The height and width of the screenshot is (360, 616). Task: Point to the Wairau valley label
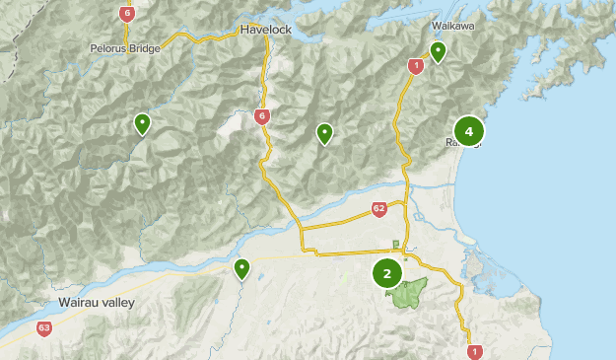[96, 302]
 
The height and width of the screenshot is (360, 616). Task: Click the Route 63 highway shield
[44, 329]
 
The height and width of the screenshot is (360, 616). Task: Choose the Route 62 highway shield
[379, 209]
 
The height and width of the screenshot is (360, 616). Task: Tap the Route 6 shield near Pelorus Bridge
[126, 14]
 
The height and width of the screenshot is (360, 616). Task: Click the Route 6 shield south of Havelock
[261, 117]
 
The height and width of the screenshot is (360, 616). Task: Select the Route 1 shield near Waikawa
[416, 66]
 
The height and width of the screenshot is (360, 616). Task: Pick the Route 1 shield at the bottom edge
[476, 351]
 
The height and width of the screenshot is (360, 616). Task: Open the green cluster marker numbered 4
[469, 130]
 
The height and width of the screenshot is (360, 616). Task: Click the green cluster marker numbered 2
[387, 273]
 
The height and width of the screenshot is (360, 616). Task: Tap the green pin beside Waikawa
[438, 50]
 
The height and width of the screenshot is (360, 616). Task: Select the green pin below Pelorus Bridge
[142, 123]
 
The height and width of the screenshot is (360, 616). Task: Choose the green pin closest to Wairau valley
[241, 267]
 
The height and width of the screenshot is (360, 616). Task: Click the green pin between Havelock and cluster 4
[324, 132]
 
